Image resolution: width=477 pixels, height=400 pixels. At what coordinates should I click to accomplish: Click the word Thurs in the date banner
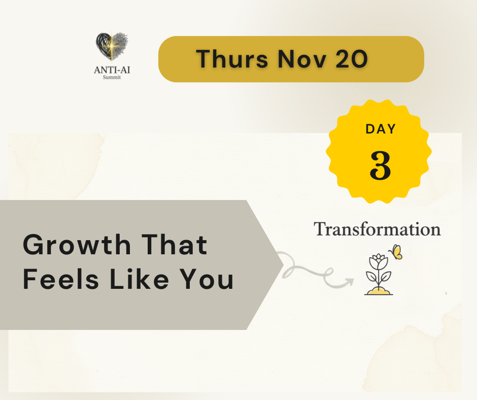[x=232, y=59]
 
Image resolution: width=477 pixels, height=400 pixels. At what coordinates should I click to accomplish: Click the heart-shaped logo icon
[x=112, y=46]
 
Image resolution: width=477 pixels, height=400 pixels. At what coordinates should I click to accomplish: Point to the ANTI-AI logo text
[x=112, y=70]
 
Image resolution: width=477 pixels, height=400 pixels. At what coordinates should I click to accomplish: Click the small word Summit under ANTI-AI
[x=112, y=77]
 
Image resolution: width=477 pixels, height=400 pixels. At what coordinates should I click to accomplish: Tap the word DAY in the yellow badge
[x=381, y=129]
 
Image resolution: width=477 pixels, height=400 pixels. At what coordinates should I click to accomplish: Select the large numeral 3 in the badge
[x=380, y=165]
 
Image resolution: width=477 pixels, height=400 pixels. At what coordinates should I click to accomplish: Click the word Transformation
[x=377, y=229]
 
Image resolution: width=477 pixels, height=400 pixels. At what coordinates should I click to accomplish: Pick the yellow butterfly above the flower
[x=396, y=252]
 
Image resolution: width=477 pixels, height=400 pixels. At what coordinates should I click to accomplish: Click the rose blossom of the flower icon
[x=379, y=261]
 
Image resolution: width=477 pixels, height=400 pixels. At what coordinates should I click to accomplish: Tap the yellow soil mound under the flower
[x=379, y=291]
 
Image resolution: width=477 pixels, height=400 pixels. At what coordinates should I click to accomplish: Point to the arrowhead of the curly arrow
[x=350, y=282]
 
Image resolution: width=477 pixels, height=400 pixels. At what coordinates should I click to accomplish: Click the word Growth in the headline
[x=77, y=245]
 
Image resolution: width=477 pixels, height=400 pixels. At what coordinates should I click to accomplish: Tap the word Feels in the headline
[x=61, y=279]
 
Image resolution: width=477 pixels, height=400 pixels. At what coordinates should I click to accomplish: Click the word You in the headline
[x=206, y=279]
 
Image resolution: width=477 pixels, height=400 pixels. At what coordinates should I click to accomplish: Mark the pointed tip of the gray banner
[x=283, y=265]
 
